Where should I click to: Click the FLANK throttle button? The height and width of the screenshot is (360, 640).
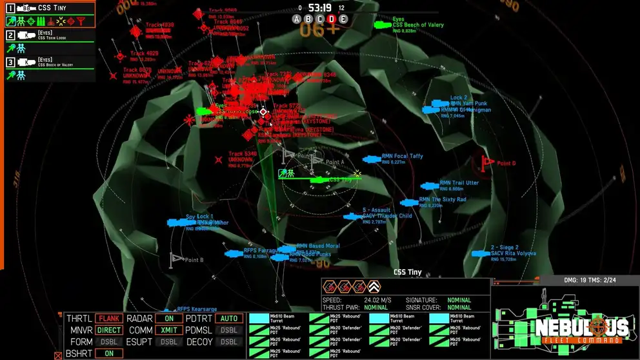click(109, 318)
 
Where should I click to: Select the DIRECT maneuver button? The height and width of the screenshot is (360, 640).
click(109, 330)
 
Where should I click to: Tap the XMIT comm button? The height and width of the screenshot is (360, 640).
click(170, 330)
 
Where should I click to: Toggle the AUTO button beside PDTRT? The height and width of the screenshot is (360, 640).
click(229, 318)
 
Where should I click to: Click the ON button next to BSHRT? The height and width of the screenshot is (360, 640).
click(109, 354)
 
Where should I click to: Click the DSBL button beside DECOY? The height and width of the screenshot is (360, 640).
click(229, 341)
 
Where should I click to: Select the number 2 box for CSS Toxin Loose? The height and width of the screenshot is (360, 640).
click(10, 35)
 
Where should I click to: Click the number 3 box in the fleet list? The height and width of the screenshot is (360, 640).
click(10, 62)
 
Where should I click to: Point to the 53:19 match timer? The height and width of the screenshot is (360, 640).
click(320, 8)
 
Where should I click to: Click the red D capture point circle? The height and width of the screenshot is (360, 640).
click(332, 19)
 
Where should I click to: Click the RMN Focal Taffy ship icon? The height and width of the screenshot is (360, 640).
click(372, 159)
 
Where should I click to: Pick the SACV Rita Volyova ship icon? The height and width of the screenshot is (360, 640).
click(481, 254)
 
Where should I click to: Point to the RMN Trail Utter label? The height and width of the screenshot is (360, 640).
click(459, 183)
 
